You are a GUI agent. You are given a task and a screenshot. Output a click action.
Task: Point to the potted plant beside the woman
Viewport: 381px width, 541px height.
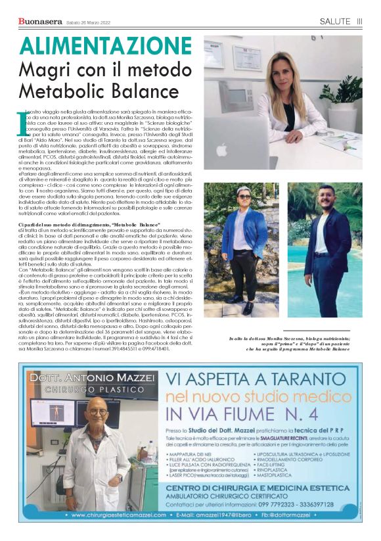pos(349,99)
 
